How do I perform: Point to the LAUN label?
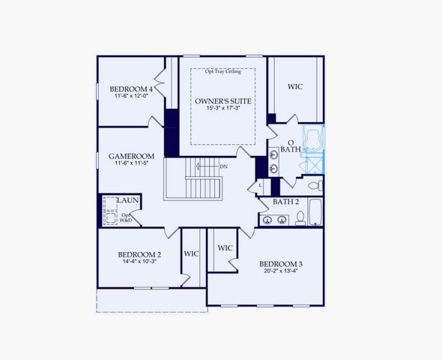click(x=127, y=200)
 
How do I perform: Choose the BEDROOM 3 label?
click(x=281, y=263)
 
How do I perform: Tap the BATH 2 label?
click(x=285, y=202)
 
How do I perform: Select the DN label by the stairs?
click(x=223, y=166)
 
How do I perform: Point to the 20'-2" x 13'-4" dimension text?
click(x=281, y=271)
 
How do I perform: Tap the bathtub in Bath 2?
click(x=315, y=212)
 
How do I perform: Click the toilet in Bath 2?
click(x=300, y=217)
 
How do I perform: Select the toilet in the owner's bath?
click(x=316, y=184)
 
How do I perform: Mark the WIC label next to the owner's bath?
click(x=295, y=87)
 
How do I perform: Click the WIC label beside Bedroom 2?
click(x=192, y=253)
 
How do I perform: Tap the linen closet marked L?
click(x=261, y=184)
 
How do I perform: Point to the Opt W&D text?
click(x=126, y=218)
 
